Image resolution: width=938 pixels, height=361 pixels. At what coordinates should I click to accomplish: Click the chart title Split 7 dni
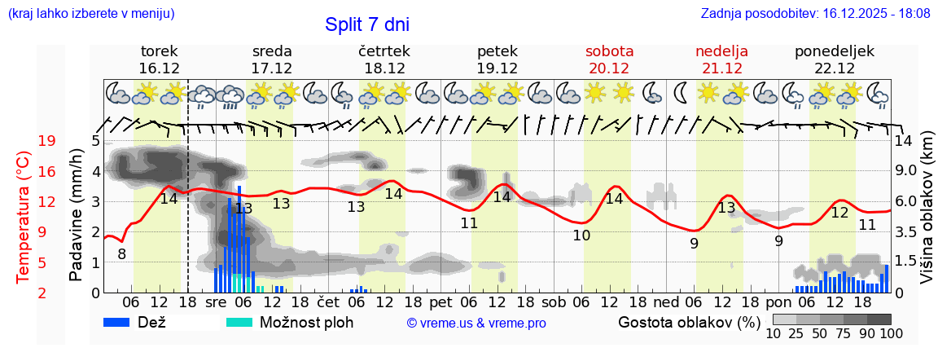coord(366,24)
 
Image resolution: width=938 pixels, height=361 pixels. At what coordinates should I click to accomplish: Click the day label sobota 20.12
coord(609,59)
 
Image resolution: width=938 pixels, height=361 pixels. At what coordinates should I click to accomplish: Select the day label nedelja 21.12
coord(721,59)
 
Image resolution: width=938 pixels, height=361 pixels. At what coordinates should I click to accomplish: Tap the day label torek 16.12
coord(159,59)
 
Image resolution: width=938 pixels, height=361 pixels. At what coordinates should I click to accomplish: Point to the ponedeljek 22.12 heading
coord(835,59)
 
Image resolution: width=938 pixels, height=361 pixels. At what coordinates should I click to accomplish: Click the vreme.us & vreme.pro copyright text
coord(476,323)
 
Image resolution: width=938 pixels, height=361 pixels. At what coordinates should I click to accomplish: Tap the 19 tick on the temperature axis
coord(47,142)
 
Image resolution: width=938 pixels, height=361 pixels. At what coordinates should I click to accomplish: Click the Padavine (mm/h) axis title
coord(77,215)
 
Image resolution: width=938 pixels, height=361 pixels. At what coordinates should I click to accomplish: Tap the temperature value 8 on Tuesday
coord(121,254)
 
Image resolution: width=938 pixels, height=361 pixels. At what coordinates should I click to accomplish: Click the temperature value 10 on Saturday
coord(581,236)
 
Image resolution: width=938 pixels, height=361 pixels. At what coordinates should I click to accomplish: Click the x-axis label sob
coord(554,302)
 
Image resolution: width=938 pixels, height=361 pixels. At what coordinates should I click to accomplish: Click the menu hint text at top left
coord(90,14)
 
